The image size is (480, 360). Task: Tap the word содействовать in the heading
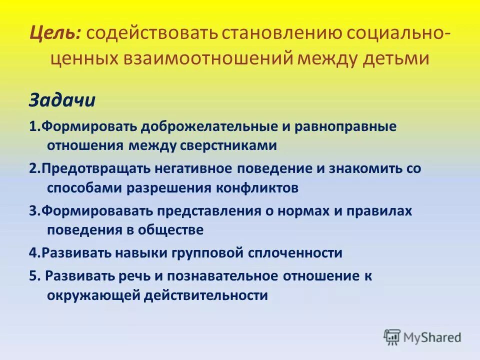click(x=151, y=33)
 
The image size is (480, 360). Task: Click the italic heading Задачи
click(x=61, y=100)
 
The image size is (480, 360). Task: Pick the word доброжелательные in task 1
click(x=208, y=127)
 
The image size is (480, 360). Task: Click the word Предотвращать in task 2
click(x=88, y=169)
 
